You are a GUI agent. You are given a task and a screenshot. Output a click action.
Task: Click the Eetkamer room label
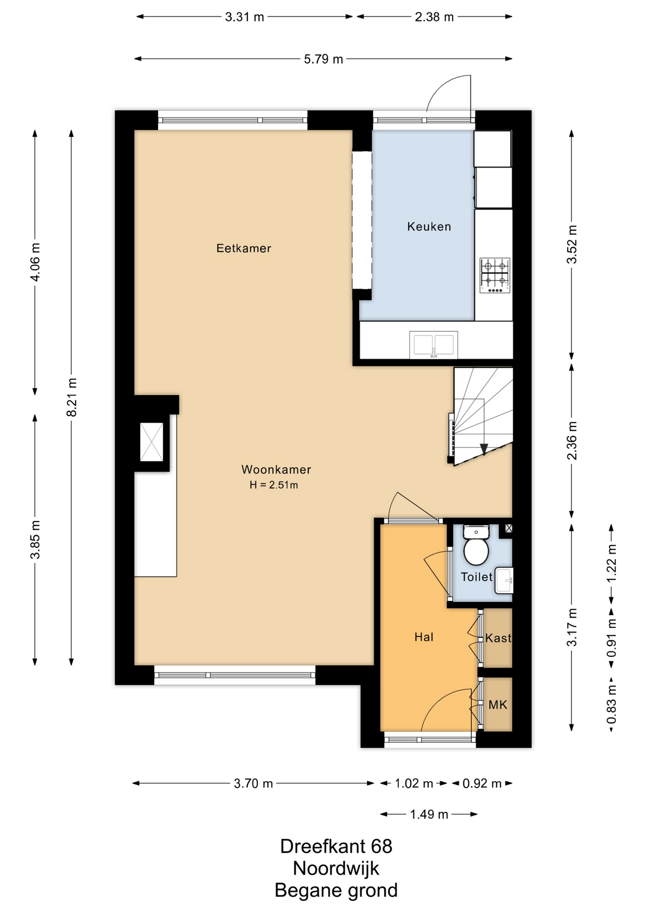(244, 248)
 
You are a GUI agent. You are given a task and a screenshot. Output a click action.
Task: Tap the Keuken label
(429, 227)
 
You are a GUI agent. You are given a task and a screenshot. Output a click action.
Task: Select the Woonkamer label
(276, 470)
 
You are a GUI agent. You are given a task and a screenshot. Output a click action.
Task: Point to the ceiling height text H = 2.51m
(274, 486)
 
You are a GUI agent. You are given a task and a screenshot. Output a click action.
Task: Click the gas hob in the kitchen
(495, 275)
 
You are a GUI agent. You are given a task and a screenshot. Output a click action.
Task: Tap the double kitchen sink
(433, 345)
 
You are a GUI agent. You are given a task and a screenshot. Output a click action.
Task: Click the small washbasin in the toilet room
(504, 580)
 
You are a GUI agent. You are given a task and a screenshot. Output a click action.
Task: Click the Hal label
(424, 637)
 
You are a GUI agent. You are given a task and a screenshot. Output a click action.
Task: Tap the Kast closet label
(498, 638)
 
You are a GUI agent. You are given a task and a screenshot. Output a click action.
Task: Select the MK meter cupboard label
(498, 705)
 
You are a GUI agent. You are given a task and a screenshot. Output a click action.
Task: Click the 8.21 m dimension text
(71, 397)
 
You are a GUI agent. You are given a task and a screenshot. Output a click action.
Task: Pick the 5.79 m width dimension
(323, 59)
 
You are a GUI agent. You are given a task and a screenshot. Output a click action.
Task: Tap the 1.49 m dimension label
(429, 815)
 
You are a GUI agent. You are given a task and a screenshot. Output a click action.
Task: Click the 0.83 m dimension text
(612, 704)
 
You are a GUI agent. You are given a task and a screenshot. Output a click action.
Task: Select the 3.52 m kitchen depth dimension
(572, 244)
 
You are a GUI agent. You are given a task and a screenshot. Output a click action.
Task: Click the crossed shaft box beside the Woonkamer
(152, 442)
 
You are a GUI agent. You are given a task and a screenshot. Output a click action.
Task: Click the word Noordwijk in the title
(336, 868)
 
